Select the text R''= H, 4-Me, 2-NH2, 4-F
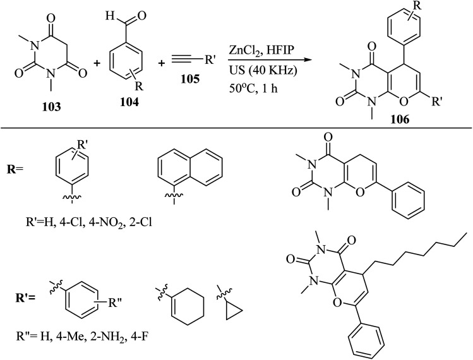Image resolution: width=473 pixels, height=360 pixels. tap(101, 344)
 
